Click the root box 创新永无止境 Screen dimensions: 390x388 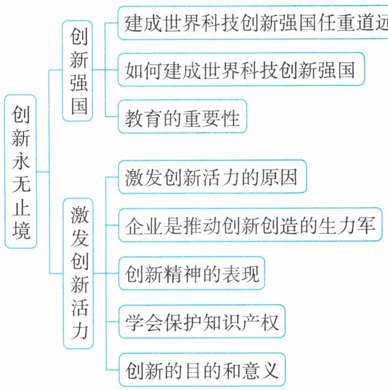pyautogui.click(x=22, y=171)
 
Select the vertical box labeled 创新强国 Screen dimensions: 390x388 pyautogui.click(x=78, y=70)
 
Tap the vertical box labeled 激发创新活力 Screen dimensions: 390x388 pyautogui.click(x=78, y=273)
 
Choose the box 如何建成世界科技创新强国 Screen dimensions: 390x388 pyautogui.click(x=241, y=70)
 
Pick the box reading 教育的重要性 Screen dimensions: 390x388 pyautogui.click(x=182, y=118)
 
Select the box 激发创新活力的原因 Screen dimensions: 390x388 pyautogui.click(x=212, y=177)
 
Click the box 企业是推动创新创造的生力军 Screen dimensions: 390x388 pyautogui.click(x=251, y=225)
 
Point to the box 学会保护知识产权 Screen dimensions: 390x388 pyautogui.click(x=202, y=321)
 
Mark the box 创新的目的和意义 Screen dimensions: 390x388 pyautogui.click(x=202, y=369)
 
